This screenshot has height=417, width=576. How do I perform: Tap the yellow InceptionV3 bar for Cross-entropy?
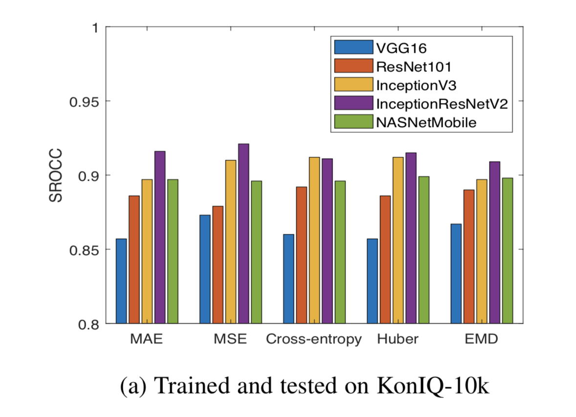click(x=314, y=240)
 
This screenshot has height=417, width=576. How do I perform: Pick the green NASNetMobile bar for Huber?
click(x=423, y=250)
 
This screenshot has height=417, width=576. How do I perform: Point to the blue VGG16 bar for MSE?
click(x=205, y=269)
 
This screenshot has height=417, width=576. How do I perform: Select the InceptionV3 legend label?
click(x=416, y=84)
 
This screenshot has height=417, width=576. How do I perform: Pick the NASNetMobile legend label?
click(x=426, y=122)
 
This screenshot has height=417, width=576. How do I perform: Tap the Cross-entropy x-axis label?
click(x=314, y=339)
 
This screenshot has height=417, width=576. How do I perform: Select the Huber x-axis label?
click(x=398, y=339)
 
